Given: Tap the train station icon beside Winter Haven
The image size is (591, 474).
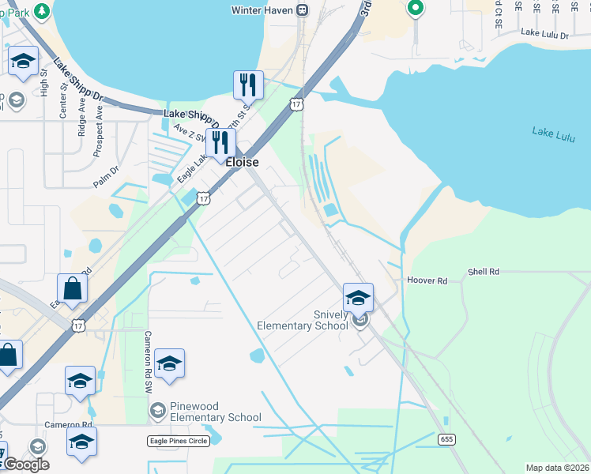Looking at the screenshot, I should (x=302, y=10).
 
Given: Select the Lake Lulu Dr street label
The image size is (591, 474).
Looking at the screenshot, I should (x=546, y=32).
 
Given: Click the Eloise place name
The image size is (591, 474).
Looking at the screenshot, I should (x=242, y=163).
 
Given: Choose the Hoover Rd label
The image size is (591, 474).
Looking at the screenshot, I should (x=427, y=280).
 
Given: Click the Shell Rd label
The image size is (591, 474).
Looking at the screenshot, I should (x=484, y=272).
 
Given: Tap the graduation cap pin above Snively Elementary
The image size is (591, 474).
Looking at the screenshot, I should (x=358, y=298).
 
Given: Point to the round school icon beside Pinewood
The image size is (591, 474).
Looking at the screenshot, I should (x=156, y=410).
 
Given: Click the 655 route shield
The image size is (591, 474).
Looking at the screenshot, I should (x=447, y=439).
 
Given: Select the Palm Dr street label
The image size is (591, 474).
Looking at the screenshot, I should (x=105, y=170).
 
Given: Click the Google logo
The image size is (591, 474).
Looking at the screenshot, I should (x=26, y=465).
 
